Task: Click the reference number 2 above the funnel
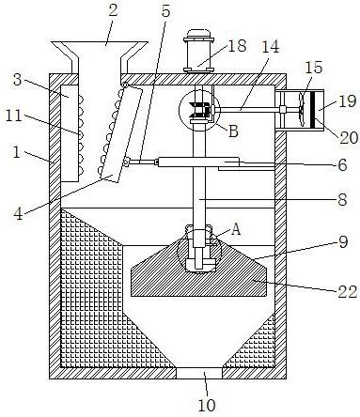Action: pos(113,10)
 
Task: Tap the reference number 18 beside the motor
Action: pos(237,46)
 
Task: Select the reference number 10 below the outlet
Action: pos(207,405)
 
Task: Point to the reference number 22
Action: pos(347,292)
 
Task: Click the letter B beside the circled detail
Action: pos(233,131)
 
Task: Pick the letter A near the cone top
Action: pos(236,229)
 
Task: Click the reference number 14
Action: pos(270,47)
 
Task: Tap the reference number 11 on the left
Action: pos(14,116)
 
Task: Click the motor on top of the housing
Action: pos(198,52)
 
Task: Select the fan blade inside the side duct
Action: pos(302,109)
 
